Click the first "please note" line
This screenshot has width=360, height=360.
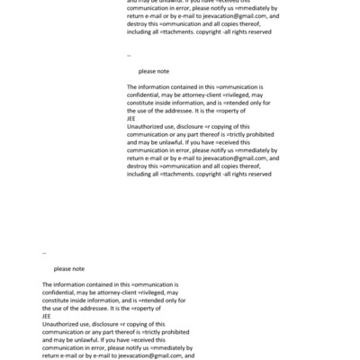154,70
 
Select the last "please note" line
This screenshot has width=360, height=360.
69,268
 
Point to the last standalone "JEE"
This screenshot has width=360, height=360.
47,316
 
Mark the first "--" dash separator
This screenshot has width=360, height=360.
130,55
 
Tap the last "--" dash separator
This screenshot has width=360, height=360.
45,253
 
